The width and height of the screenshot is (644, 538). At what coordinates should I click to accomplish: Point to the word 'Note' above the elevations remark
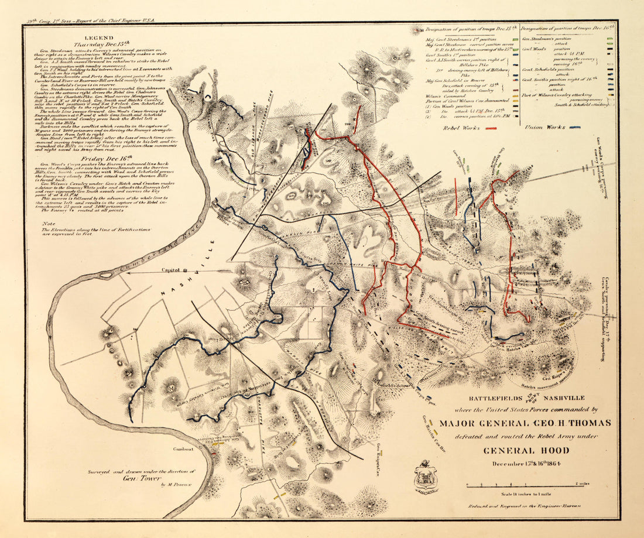click(49, 224)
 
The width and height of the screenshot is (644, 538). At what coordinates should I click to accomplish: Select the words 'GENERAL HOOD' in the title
click(516, 450)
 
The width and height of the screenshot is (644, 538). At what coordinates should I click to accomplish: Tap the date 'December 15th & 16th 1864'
click(517, 464)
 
